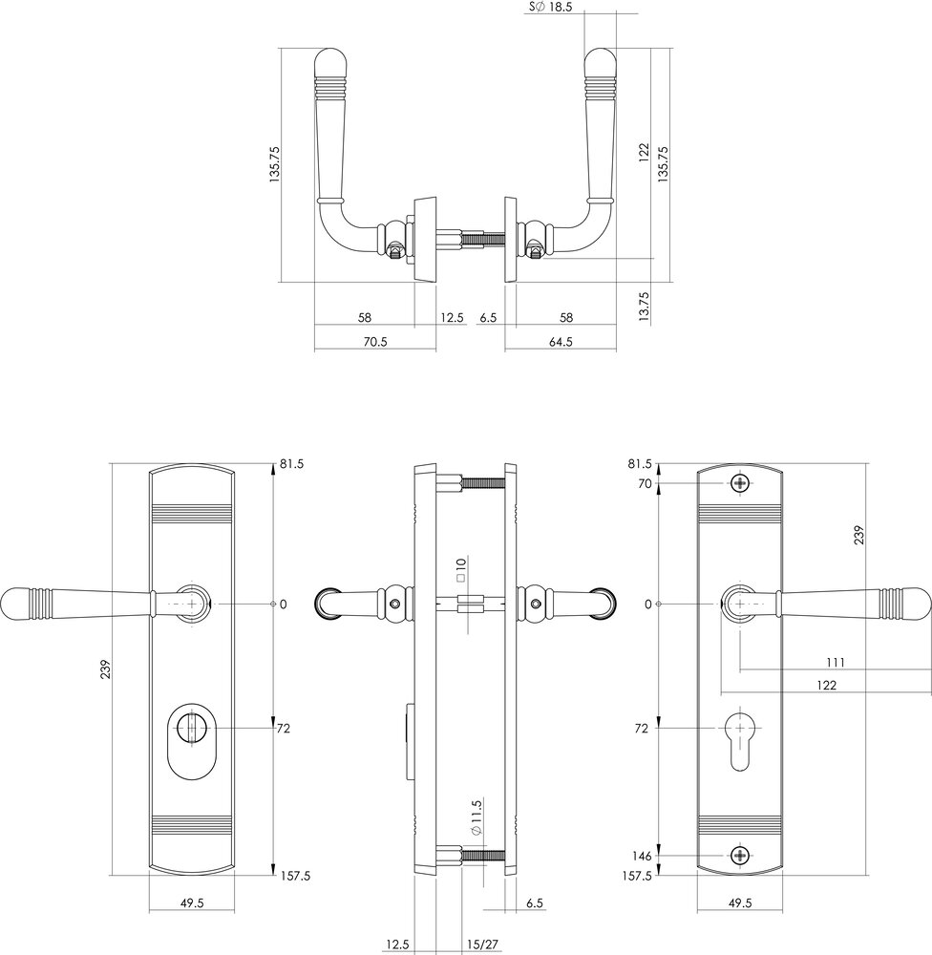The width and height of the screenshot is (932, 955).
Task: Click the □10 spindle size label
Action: pyautogui.click(x=460, y=571)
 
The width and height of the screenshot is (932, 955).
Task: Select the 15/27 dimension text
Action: pyautogui.click(x=480, y=944)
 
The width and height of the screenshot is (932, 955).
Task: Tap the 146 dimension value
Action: pyautogui.click(x=640, y=855)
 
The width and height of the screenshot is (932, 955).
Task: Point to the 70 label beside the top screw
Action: pyautogui.click(x=644, y=483)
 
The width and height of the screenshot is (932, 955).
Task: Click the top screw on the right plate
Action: pyautogui.click(x=741, y=483)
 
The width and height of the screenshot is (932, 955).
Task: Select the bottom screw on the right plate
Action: pyautogui.click(x=741, y=855)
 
